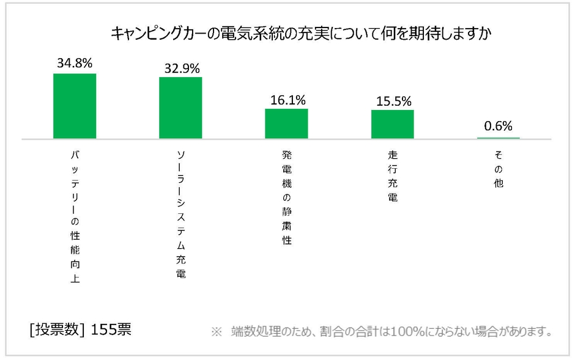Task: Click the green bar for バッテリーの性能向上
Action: (75, 106)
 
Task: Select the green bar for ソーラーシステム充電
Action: (180, 108)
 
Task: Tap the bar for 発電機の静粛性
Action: (286, 123)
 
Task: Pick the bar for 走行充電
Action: (392, 124)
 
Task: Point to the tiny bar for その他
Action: (498, 138)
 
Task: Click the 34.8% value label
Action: (75, 63)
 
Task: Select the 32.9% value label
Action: (182, 68)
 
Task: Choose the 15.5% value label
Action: (393, 101)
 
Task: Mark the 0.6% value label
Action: (498, 126)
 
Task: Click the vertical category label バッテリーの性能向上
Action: (75, 218)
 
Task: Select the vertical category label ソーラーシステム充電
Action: (180, 215)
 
